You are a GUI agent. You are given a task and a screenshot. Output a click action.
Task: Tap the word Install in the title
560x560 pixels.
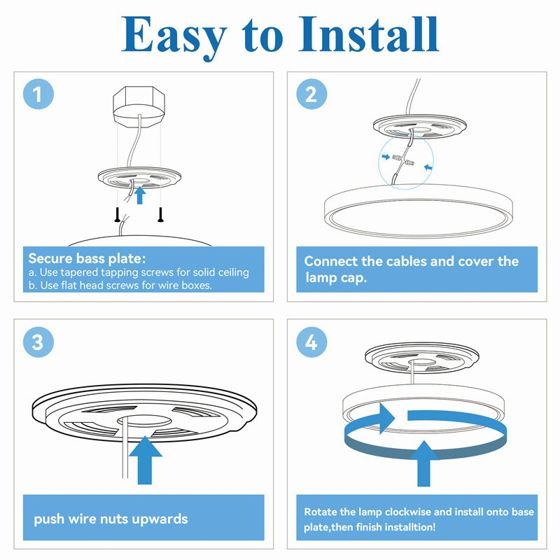(369, 34)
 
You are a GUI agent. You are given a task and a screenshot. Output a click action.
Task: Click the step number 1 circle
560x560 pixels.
(38, 94)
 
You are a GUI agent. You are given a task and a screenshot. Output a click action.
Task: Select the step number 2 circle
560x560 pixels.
(311, 94)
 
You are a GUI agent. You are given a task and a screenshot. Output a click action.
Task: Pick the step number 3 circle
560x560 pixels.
(38, 342)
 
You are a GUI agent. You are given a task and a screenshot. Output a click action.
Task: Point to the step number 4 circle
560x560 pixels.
(311, 342)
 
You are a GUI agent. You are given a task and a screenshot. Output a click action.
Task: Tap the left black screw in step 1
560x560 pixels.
(117, 215)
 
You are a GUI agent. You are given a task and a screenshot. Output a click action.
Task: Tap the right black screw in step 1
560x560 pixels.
(161, 215)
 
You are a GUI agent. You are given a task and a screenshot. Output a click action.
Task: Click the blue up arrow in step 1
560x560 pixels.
(140, 195)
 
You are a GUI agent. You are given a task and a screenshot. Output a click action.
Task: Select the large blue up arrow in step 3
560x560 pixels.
(145, 460)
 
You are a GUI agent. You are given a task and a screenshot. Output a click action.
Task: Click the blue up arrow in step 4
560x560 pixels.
(424, 463)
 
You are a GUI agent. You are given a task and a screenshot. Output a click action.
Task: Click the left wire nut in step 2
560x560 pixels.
(398, 157)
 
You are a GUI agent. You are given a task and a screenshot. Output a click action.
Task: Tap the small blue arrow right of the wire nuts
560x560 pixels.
(428, 167)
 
